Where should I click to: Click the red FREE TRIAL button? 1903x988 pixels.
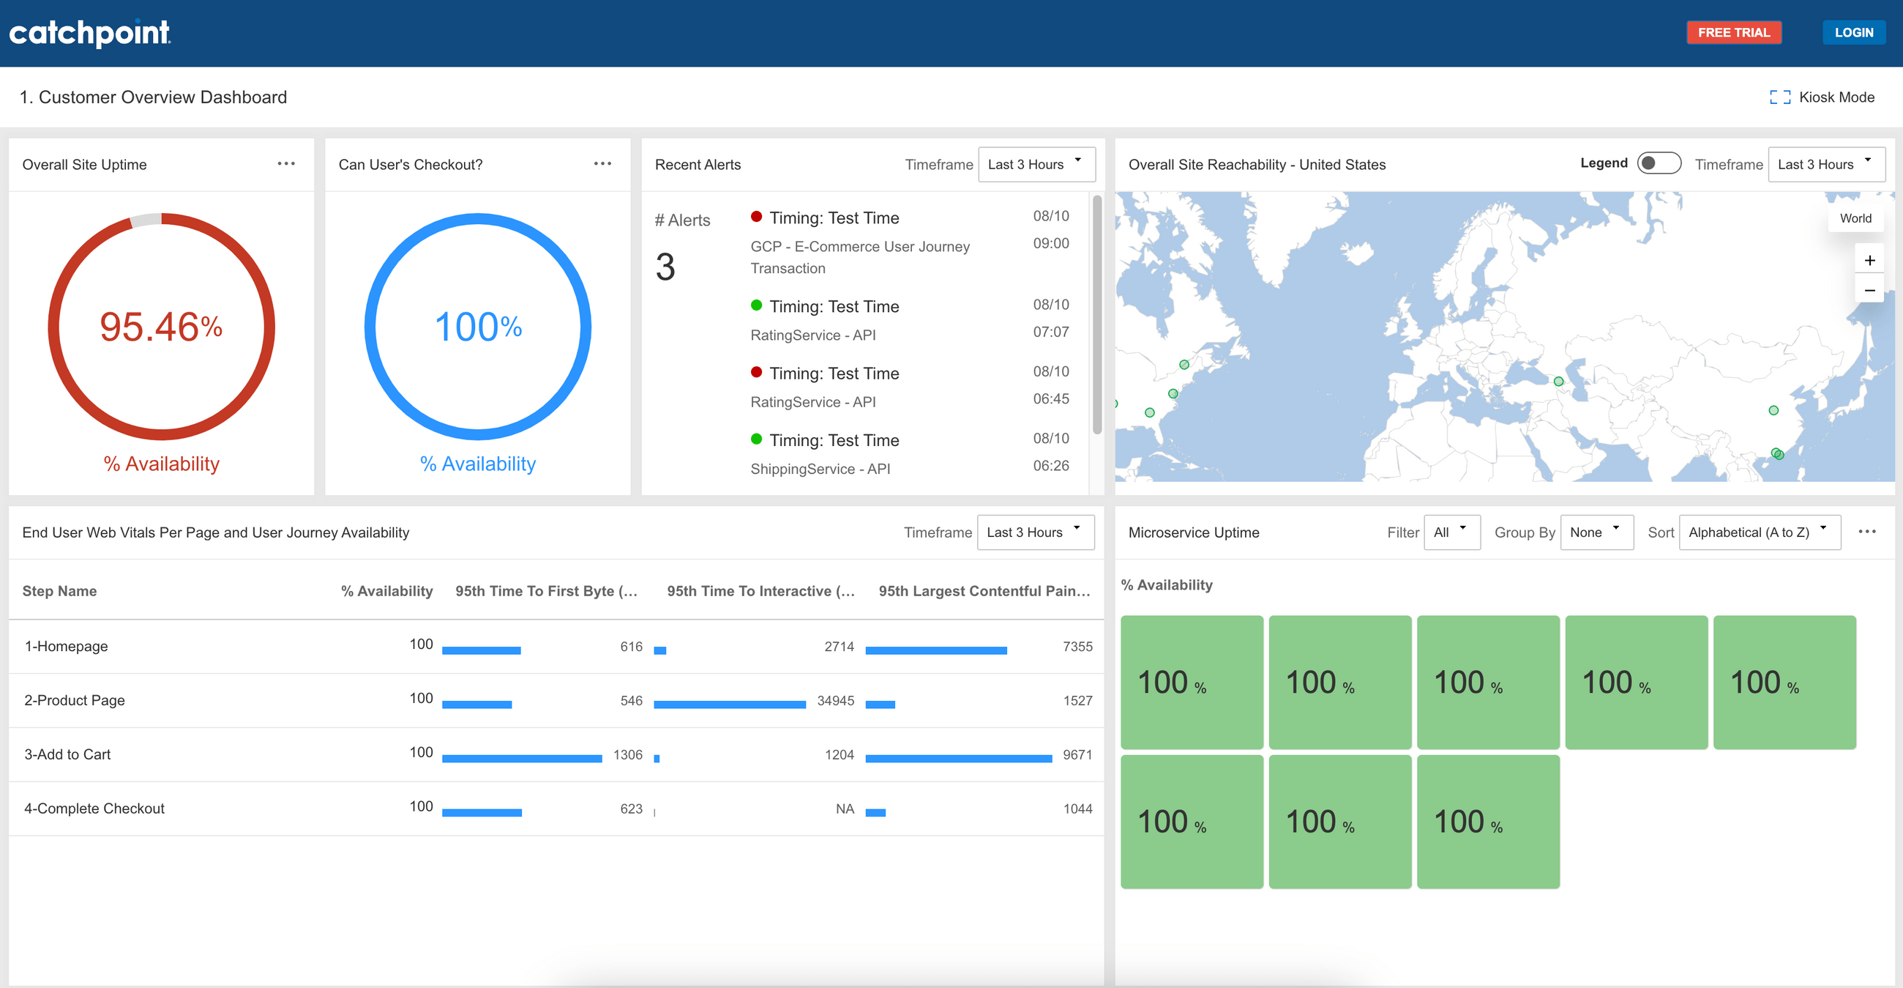pyautogui.click(x=1733, y=32)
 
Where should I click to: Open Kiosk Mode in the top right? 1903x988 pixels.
pyautogui.click(x=1822, y=97)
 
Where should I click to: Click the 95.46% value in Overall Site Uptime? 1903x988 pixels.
pyautogui.click(x=161, y=327)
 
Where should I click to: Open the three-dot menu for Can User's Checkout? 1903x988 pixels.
pyautogui.click(x=602, y=164)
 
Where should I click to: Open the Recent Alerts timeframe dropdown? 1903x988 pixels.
pyautogui.click(x=1035, y=164)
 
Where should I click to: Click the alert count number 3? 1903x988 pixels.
pyautogui.click(x=665, y=267)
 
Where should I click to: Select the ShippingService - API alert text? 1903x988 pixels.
pyautogui.click(x=820, y=469)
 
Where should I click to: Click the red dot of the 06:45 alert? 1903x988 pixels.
pyautogui.click(x=756, y=373)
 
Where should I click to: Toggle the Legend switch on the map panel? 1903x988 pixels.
pyautogui.click(x=1659, y=163)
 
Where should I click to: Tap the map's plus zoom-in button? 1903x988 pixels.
pyautogui.click(x=1869, y=260)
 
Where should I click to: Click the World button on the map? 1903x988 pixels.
pyautogui.click(x=1855, y=218)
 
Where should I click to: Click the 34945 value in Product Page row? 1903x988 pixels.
pyautogui.click(x=835, y=701)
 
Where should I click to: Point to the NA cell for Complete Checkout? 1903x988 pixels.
pyautogui.click(x=845, y=809)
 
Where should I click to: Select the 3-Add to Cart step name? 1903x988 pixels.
pyautogui.click(x=67, y=754)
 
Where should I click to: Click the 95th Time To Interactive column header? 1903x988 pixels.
pyautogui.click(x=760, y=591)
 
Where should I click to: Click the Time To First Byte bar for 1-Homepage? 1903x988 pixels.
pyautogui.click(x=481, y=650)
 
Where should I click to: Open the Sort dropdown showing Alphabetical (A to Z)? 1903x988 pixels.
pyautogui.click(x=1758, y=532)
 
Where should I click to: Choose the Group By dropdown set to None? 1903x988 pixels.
pyautogui.click(x=1596, y=532)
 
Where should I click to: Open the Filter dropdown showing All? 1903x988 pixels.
pyautogui.click(x=1451, y=532)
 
